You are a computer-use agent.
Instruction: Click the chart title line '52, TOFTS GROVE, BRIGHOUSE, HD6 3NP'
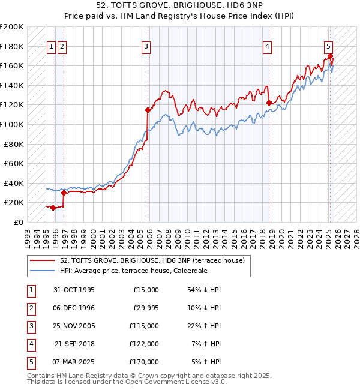[180, 5]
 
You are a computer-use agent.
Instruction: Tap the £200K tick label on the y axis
[12, 27]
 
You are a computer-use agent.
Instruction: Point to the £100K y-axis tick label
[12, 124]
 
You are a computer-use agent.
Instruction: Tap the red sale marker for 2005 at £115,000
[147, 110]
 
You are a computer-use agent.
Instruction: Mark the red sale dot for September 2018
[269, 103]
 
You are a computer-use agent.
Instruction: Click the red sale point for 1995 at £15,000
[53, 208]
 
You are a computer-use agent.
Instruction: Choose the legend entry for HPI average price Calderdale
[133, 271]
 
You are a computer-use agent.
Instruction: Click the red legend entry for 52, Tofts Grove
[152, 260]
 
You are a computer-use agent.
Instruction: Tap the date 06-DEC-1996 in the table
[74, 307]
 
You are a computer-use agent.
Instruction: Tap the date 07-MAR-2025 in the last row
[74, 361]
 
